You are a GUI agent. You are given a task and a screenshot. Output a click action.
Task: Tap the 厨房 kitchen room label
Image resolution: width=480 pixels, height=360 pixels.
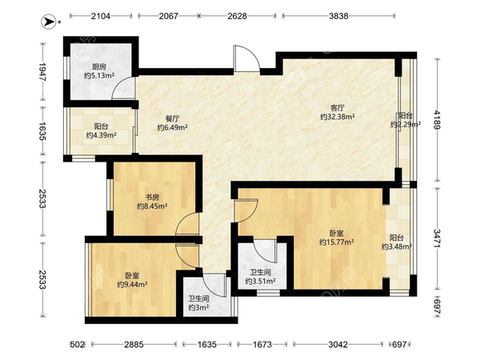pyautogui.click(x=100, y=67)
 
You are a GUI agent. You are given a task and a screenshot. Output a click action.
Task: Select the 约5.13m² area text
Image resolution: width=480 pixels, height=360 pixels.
pyautogui.click(x=100, y=77)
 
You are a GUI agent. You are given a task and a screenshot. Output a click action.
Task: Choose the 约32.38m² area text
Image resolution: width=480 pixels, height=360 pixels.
pyautogui.click(x=337, y=117)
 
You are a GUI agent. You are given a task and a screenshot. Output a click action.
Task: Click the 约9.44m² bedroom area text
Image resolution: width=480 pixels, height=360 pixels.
pyautogui.click(x=133, y=283)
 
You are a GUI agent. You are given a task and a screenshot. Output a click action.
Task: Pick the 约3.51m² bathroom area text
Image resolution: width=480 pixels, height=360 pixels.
pyautogui.click(x=259, y=281)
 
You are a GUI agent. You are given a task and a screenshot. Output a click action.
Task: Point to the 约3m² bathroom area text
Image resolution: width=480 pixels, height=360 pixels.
pyautogui.click(x=198, y=306)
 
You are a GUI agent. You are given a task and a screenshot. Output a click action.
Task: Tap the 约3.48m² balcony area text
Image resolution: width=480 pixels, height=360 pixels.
pyautogui.click(x=396, y=247)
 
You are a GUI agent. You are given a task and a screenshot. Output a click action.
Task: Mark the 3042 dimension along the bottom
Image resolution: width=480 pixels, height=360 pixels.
pyautogui.click(x=337, y=346)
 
